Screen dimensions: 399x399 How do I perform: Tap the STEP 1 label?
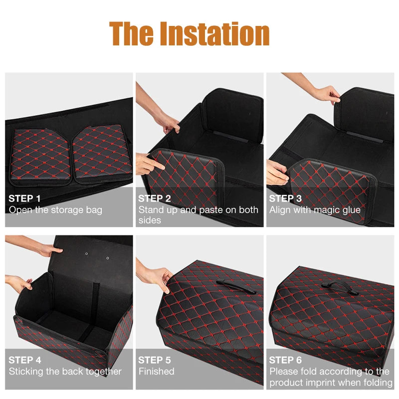(25, 199)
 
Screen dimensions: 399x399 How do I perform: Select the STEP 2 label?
(155, 199)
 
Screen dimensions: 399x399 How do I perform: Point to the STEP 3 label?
(285, 199)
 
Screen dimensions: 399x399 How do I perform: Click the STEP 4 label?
(25, 360)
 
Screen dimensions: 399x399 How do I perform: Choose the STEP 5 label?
(155, 360)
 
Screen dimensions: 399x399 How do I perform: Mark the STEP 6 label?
(285, 360)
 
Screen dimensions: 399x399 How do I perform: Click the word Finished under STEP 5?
(157, 372)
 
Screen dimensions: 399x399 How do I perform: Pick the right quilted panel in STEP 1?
(102, 152)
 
